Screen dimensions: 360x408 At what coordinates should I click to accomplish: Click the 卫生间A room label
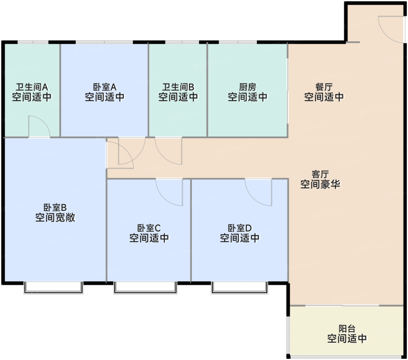point(32,87)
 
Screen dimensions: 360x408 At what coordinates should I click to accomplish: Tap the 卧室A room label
point(105,87)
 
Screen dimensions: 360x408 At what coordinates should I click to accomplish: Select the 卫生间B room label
point(178,87)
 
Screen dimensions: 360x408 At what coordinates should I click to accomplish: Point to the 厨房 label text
point(247,87)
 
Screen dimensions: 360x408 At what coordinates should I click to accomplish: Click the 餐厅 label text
point(324,87)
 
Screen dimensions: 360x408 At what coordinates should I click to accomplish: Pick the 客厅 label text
point(320,174)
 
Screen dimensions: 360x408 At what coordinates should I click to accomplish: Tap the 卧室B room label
point(55,207)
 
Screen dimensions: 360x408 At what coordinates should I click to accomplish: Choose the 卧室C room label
point(149,228)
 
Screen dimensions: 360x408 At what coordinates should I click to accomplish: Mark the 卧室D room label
point(240,228)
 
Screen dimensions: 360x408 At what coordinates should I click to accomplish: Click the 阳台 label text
point(347,328)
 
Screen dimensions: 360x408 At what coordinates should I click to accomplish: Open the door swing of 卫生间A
point(39,127)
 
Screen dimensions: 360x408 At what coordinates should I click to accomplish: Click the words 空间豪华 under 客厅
point(320,184)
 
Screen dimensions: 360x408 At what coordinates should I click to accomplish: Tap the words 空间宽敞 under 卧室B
point(55,218)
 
